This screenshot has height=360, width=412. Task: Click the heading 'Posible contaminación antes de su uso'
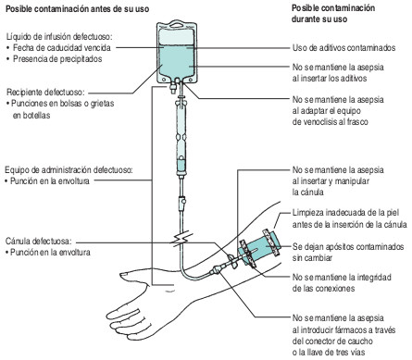[75, 8]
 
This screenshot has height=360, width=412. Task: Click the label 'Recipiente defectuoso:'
[46, 93]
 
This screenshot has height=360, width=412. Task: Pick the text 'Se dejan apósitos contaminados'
[348, 248]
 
